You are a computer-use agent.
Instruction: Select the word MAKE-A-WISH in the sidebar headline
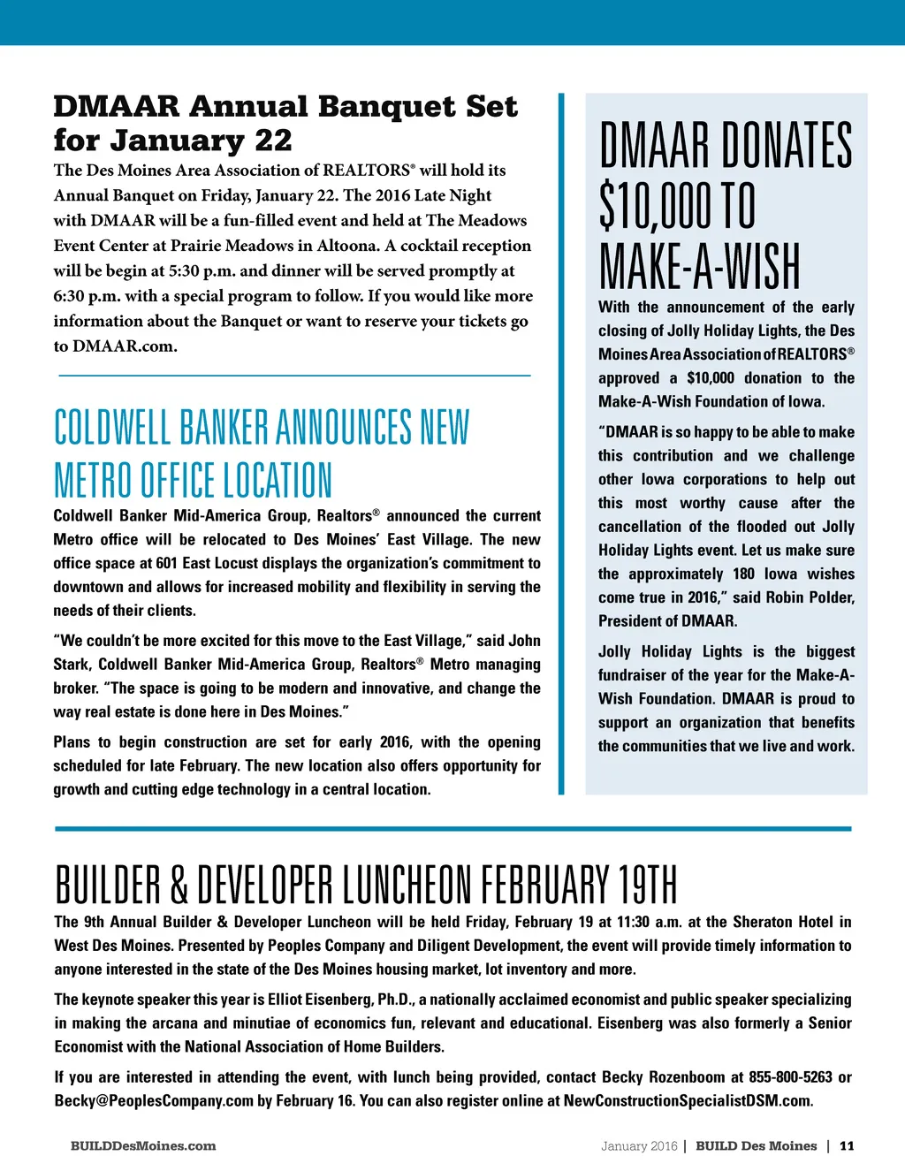click(x=699, y=265)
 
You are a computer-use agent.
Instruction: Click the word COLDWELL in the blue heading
click(x=112, y=428)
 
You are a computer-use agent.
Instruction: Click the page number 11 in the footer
click(x=847, y=1146)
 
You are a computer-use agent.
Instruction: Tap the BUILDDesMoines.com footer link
click(x=143, y=1146)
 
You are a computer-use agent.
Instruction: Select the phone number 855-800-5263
click(x=790, y=1077)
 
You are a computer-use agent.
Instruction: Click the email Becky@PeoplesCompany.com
click(x=154, y=1101)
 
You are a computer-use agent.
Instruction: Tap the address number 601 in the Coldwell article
click(x=166, y=564)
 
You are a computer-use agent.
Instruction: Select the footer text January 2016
click(x=638, y=1146)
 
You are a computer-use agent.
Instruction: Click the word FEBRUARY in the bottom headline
click(x=545, y=885)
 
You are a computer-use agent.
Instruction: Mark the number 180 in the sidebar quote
click(x=744, y=574)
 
